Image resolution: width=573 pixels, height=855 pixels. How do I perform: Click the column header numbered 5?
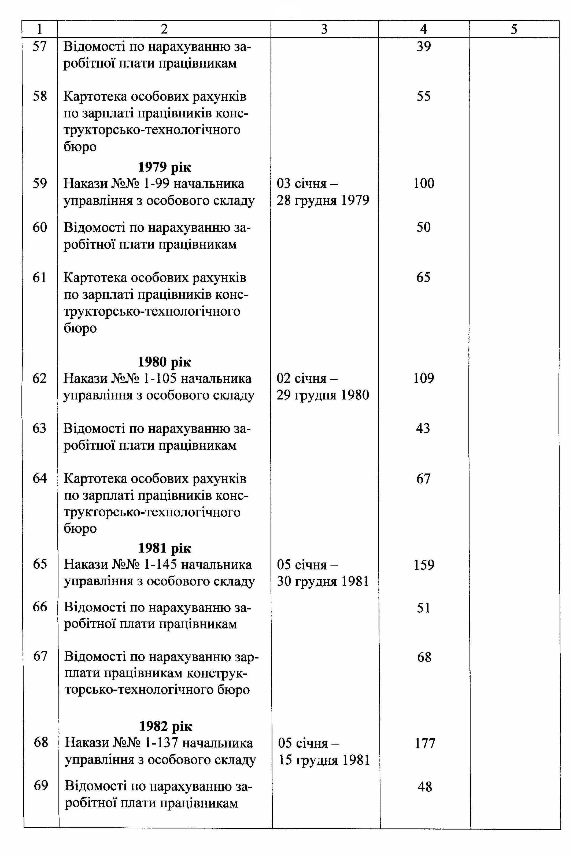(514, 29)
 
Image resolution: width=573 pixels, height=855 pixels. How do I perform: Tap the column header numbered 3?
(324, 29)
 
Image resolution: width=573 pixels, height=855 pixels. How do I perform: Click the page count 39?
(424, 46)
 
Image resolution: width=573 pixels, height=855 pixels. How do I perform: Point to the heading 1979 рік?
(164, 167)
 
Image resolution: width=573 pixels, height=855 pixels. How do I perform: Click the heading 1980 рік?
(164, 362)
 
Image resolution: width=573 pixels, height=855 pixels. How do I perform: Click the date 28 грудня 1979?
(323, 200)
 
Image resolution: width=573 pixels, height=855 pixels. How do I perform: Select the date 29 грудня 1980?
(323, 395)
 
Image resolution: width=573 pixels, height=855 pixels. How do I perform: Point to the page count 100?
(424, 183)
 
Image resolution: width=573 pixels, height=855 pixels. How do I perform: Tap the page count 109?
(424, 378)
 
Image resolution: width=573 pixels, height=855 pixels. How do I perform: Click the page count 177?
(425, 743)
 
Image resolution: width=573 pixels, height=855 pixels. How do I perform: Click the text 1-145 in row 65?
(161, 565)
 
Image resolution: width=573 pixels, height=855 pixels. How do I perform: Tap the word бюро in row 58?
(80, 146)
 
